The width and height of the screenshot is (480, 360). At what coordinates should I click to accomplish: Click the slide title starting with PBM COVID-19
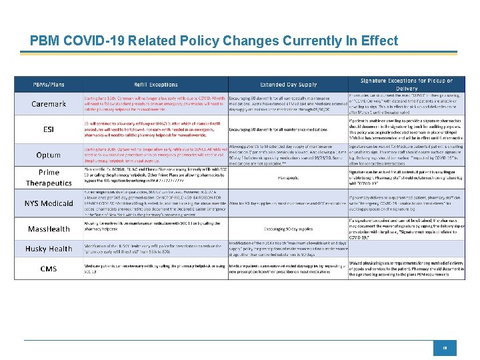click(205, 41)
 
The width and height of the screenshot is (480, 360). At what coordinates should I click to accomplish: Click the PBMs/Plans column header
click(48, 85)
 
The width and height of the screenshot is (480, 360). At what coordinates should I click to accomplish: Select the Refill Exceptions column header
click(155, 85)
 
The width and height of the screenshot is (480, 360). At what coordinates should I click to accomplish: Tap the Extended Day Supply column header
click(288, 85)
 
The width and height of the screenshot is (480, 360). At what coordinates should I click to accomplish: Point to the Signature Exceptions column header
click(406, 85)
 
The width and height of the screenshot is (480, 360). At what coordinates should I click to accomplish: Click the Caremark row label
click(49, 105)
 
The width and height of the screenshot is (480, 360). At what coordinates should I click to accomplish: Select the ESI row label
click(49, 129)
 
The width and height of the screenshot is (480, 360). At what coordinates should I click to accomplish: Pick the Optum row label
click(49, 154)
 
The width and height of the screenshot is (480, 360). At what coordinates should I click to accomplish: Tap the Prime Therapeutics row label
click(49, 178)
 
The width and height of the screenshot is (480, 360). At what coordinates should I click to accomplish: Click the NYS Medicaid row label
click(49, 203)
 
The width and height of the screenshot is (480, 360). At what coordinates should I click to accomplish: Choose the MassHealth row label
click(49, 229)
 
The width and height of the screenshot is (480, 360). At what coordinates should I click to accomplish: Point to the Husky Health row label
click(49, 249)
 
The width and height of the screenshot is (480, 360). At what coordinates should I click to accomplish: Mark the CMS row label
click(49, 269)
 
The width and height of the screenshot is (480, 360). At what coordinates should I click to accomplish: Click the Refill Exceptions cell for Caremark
click(155, 105)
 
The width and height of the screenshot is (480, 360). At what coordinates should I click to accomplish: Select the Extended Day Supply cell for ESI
click(288, 129)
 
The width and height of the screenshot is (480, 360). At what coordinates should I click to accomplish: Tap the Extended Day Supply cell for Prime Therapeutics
click(288, 178)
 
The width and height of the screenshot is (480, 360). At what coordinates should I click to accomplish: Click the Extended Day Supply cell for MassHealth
click(288, 229)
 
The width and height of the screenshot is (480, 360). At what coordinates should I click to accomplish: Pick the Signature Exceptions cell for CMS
click(406, 269)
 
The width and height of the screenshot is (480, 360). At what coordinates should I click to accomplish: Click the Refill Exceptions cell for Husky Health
click(155, 249)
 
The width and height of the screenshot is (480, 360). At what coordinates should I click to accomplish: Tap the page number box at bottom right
click(443, 347)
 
